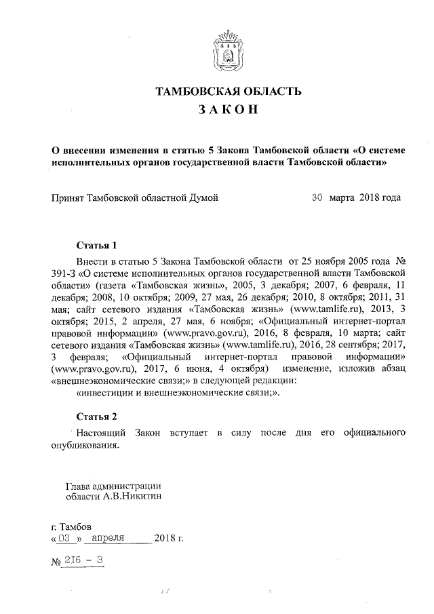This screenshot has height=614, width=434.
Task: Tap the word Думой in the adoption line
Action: coord(203,198)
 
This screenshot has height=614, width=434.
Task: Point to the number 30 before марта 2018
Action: coord(317,198)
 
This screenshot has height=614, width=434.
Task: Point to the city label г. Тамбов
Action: coord(71,526)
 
